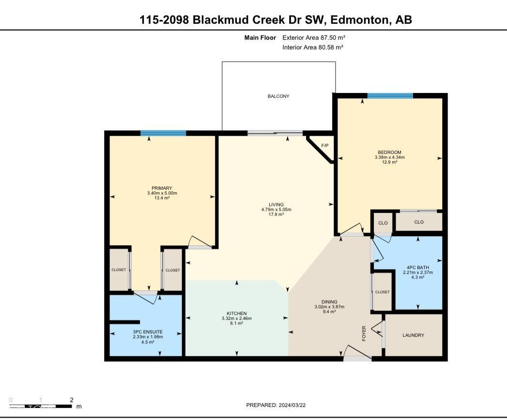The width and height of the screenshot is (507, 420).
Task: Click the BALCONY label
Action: [x=278, y=96]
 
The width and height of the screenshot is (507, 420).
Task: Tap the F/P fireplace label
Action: [x=324, y=145]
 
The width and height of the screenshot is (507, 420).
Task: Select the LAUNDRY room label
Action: [x=413, y=335]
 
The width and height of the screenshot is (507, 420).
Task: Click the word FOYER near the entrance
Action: [x=364, y=334]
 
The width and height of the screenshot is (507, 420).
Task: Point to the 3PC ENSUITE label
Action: [x=145, y=331]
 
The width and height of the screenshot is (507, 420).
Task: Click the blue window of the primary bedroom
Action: [x=163, y=133]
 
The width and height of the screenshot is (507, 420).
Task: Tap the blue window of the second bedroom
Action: [x=390, y=96]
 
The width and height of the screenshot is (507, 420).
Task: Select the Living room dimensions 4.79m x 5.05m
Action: [x=276, y=210]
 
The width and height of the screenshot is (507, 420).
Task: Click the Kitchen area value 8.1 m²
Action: [x=237, y=323]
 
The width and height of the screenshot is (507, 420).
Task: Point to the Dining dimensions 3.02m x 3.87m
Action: [x=329, y=307]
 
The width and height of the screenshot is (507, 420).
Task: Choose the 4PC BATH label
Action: [x=418, y=267]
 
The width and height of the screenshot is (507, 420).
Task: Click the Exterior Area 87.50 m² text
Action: [x=313, y=37]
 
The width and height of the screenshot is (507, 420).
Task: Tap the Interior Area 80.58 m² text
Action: [x=312, y=47]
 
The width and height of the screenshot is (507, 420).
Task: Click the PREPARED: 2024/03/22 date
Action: [x=276, y=405]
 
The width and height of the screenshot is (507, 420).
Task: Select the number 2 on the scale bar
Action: [x=71, y=400]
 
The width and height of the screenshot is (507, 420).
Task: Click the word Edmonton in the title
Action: [x=362, y=20]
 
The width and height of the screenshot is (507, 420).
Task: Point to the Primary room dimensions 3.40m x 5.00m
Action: [x=162, y=194]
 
